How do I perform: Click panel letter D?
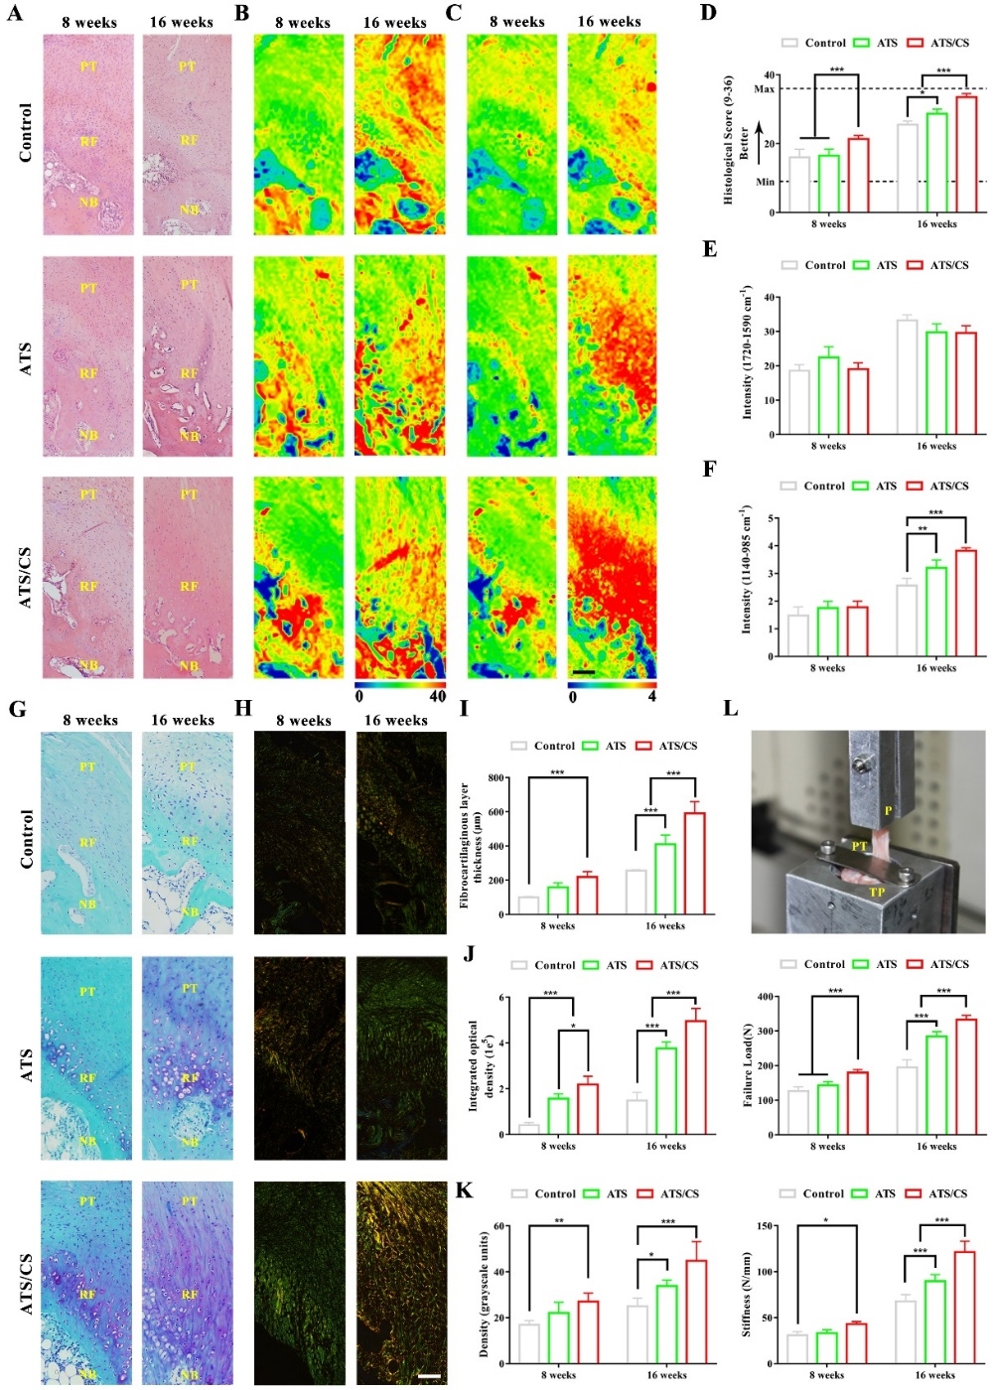(x=707, y=13)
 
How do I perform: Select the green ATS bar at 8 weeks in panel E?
(x=827, y=395)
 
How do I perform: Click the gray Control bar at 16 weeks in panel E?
(x=906, y=376)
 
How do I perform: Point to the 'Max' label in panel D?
(x=764, y=89)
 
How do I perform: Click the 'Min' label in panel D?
(x=765, y=182)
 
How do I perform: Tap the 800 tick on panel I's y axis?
(x=497, y=778)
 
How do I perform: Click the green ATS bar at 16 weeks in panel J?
(x=665, y=1089)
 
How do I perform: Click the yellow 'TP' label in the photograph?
(x=877, y=892)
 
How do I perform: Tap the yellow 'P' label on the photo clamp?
(x=888, y=811)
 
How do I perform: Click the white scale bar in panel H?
(x=429, y=1376)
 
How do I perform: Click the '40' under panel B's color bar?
(x=437, y=697)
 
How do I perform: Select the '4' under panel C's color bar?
(x=651, y=697)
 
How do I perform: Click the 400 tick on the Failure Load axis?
(x=766, y=997)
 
